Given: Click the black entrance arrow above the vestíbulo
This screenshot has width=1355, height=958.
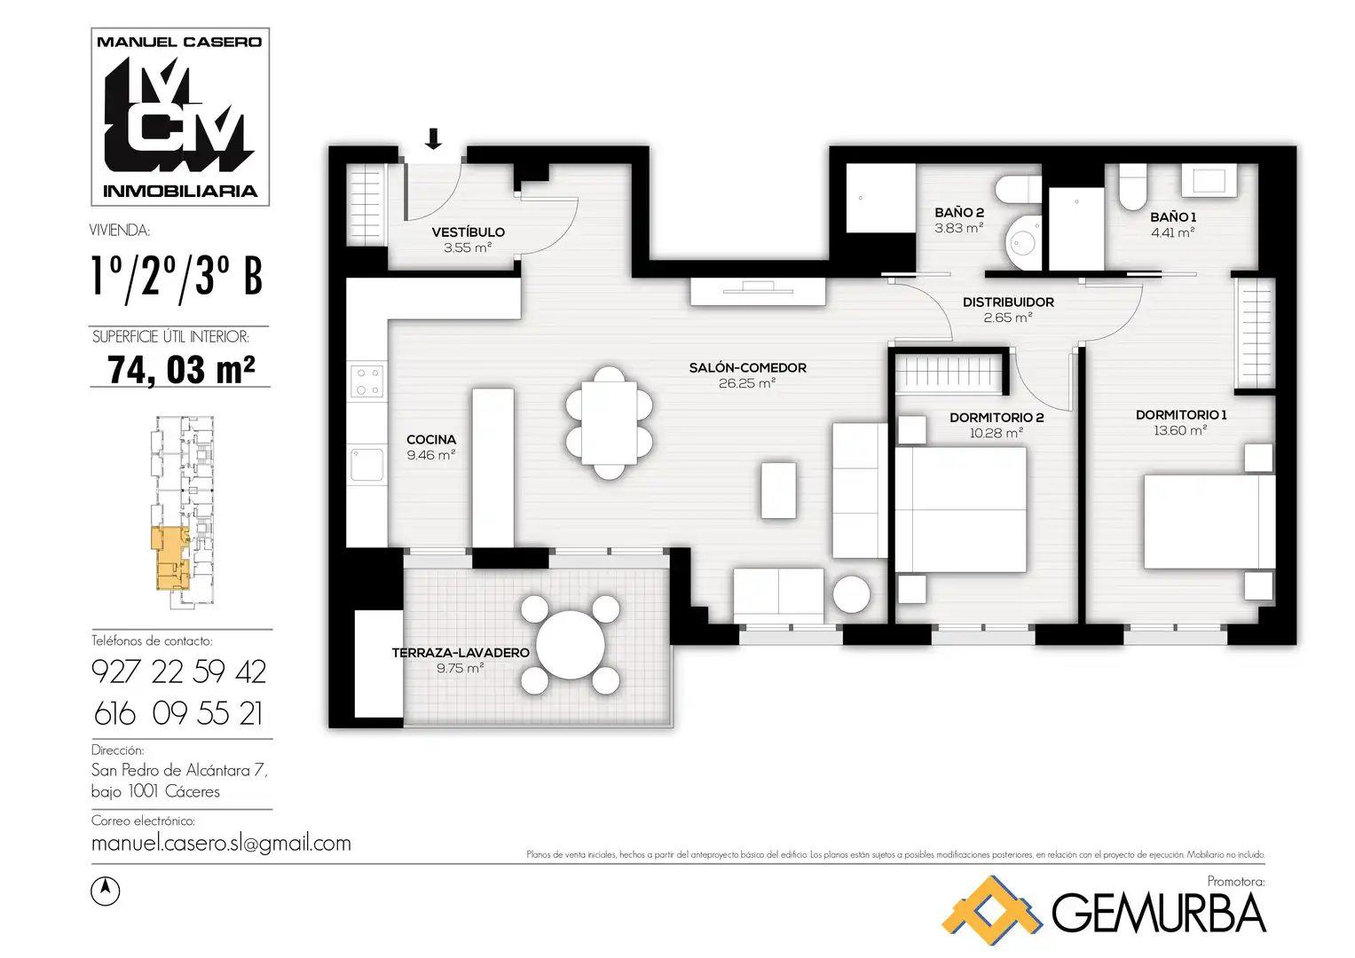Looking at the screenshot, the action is pyautogui.click(x=433, y=138).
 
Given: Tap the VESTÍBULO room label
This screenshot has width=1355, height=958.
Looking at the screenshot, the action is pyautogui.click(x=469, y=232).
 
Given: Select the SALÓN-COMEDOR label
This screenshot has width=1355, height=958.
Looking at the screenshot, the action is pyautogui.click(x=748, y=368).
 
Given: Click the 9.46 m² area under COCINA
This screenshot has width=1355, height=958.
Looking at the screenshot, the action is pyautogui.click(x=431, y=455).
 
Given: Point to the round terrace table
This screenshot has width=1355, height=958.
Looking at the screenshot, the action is pyautogui.click(x=570, y=645).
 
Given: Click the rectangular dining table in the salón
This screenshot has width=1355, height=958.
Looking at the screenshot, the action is pyautogui.click(x=609, y=423).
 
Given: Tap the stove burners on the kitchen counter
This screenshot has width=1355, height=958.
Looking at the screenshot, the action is pyautogui.click(x=367, y=381).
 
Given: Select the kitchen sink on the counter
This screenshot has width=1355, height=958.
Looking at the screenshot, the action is pyautogui.click(x=367, y=465).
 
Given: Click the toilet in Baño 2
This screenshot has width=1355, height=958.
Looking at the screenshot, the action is pyautogui.click(x=1019, y=189).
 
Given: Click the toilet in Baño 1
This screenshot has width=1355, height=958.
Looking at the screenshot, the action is pyautogui.click(x=1132, y=187).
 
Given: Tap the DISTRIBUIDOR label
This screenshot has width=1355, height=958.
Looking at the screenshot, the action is pyautogui.click(x=1008, y=302).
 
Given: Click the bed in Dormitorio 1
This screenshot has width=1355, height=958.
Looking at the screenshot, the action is pyautogui.click(x=1209, y=522).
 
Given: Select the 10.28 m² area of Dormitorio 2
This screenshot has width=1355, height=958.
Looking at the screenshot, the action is pyautogui.click(x=997, y=433).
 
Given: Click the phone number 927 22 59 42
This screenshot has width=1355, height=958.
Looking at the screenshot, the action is pyautogui.click(x=179, y=672).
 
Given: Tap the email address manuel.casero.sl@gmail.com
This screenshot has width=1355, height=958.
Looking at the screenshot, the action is pyautogui.click(x=221, y=843).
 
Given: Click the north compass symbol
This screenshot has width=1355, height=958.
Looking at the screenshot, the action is pyautogui.click(x=106, y=891).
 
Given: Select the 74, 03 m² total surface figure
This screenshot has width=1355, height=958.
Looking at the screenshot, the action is pyautogui.click(x=181, y=370).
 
